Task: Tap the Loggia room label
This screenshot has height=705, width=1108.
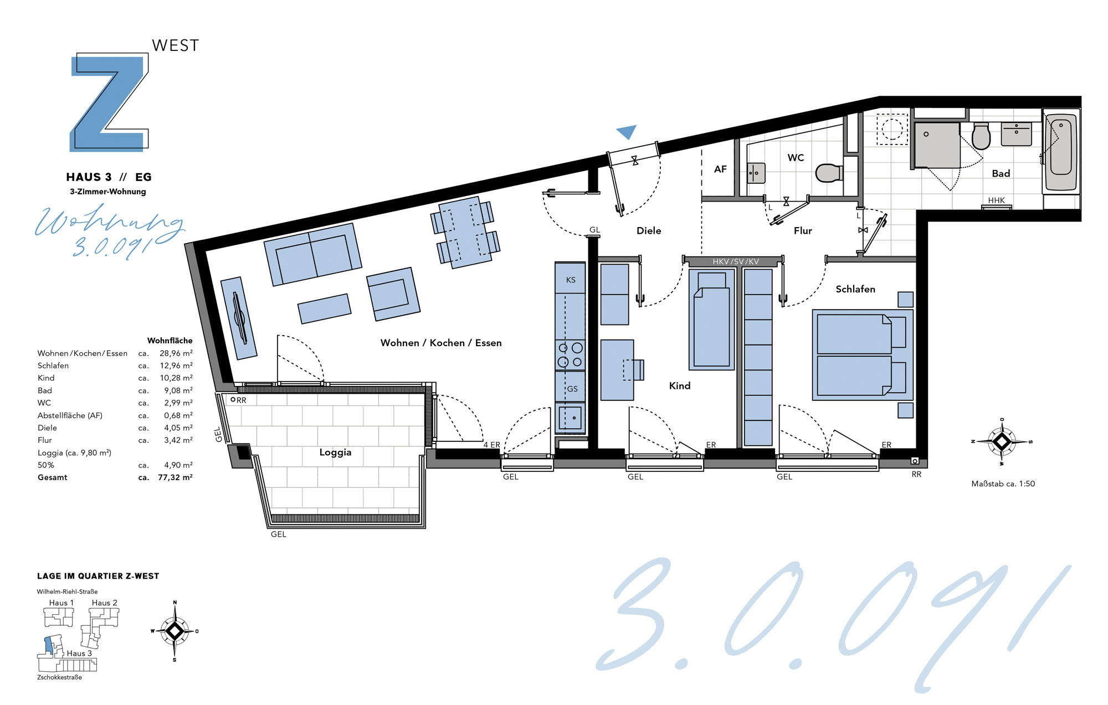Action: click(x=335, y=452)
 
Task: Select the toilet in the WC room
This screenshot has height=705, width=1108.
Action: click(x=829, y=173)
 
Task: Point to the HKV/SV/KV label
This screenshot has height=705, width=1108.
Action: click(x=736, y=261)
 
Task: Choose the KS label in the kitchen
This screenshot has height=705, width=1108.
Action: click(x=571, y=280)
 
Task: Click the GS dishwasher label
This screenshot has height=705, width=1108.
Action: click(x=572, y=389)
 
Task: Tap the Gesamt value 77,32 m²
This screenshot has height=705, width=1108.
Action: click(x=175, y=477)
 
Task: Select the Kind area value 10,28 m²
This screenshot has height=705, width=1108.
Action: click(x=176, y=378)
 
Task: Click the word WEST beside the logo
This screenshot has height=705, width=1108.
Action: click(x=176, y=45)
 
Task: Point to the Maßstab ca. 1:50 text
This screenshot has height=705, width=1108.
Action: click(x=1003, y=483)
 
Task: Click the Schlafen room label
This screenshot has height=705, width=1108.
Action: click(x=855, y=289)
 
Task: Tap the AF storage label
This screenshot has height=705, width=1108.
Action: click(x=720, y=169)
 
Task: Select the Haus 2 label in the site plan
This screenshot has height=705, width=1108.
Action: click(x=105, y=603)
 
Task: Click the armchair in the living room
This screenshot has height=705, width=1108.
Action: click(x=393, y=294)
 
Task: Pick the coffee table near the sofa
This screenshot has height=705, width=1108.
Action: click(x=324, y=308)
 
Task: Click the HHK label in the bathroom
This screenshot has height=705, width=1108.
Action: click(x=996, y=200)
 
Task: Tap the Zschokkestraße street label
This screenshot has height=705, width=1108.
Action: click(x=59, y=677)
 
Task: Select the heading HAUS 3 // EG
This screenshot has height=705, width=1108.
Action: click(x=109, y=177)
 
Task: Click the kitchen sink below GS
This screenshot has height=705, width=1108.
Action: click(x=570, y=418)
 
